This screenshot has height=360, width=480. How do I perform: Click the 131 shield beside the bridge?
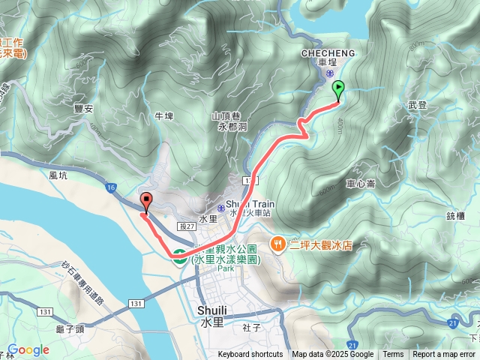tap(135, 303)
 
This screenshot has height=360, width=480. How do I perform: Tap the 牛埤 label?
tap(163, 116)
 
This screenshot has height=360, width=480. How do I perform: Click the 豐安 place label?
tap(83, 109)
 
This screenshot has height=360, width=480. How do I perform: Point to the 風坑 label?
tap(58, 175)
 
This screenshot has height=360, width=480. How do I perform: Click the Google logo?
tap(28, 350)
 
